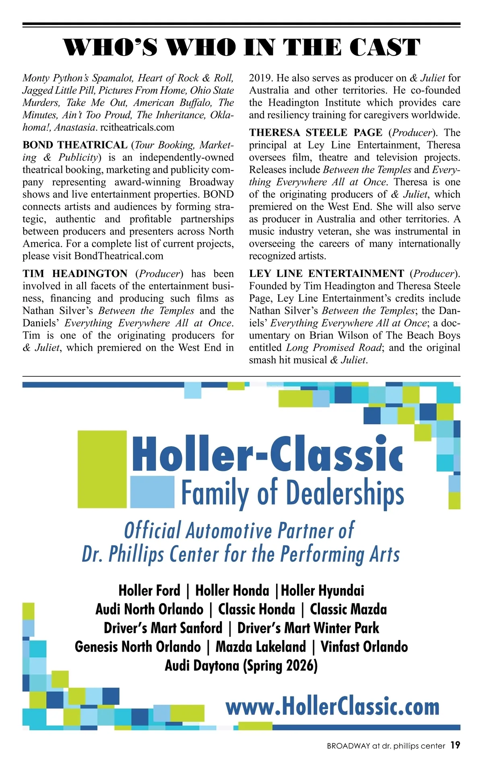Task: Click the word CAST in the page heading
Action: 384,47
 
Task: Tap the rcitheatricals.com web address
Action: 137,128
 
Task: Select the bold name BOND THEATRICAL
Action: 75,145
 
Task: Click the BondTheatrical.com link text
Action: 119,256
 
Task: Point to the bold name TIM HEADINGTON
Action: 75,274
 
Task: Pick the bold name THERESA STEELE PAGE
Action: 316,133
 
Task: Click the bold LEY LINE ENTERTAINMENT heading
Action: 326,274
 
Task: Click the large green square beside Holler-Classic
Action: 102,469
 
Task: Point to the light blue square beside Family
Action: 152,491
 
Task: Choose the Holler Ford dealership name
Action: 149,591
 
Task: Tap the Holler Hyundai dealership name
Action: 322,591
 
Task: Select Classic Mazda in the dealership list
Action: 348,609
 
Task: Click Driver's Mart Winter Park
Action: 308,628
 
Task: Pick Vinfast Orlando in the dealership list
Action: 364,647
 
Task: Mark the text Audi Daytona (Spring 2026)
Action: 241,666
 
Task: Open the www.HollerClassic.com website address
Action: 332,707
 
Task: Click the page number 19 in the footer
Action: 455,745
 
